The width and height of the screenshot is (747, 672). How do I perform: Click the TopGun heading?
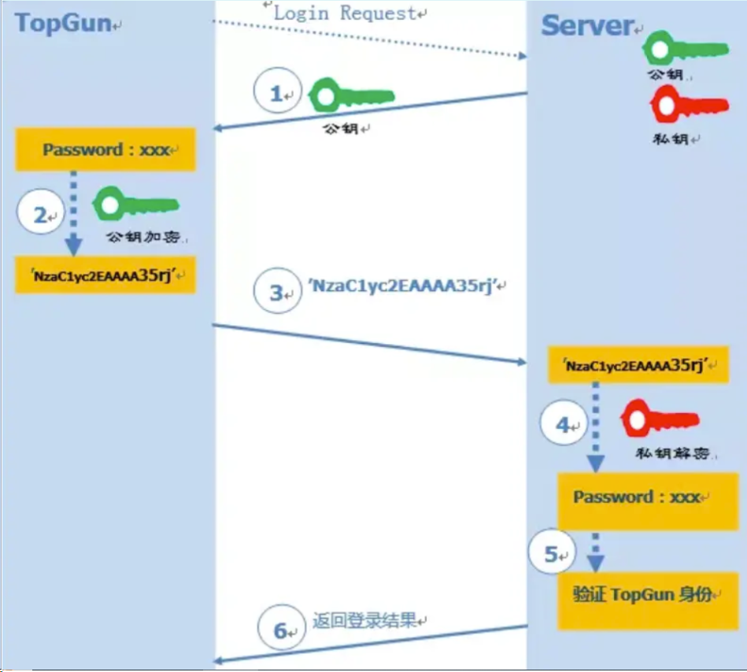(63, 23)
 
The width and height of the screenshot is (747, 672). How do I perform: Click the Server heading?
(586, 26)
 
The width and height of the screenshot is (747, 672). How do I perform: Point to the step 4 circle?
(564, 425)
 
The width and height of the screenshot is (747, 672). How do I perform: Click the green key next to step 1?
(350, 96)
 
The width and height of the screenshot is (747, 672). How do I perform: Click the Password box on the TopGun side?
(105, 150)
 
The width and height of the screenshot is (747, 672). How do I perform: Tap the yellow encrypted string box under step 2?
(105, 275)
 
